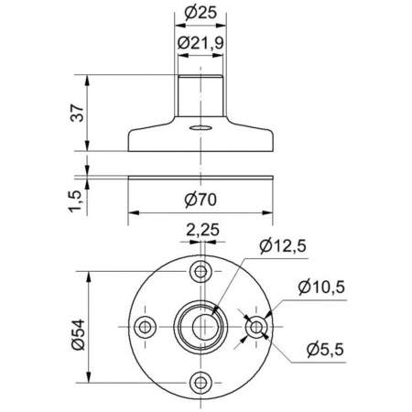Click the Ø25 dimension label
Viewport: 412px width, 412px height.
pos(199,14)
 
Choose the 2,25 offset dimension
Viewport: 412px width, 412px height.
pos(202,231)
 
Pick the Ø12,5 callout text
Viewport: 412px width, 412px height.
pos(282,244)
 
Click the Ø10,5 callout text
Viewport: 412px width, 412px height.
pos(320,287)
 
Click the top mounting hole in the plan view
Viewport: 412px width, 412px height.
pos(201,271)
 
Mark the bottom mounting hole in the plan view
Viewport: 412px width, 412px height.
pos(201,382)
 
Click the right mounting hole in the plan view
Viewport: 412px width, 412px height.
pos(257,327)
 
